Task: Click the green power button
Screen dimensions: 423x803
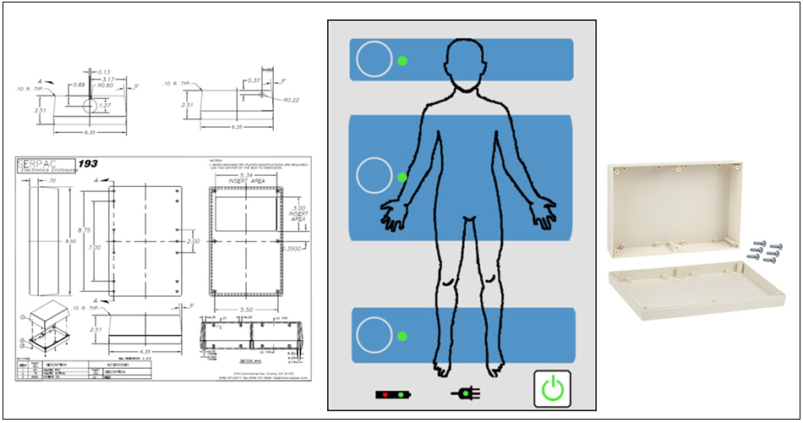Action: click(552, 390)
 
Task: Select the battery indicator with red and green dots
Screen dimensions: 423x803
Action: click(393, 394)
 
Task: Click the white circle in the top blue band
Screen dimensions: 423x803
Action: click(374, 61)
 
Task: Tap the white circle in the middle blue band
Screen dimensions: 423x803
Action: click(375, 176)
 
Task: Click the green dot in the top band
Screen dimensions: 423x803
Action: click(402, 61)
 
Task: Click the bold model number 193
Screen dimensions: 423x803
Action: click(89, 163)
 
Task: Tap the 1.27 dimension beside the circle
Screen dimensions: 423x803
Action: click(102, 107)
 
